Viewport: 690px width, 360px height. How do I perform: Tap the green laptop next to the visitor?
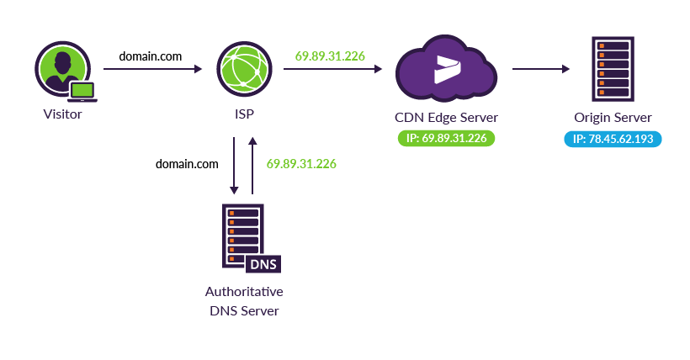83,90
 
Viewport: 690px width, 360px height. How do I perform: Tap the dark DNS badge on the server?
263,263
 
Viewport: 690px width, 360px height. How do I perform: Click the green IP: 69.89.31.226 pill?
446,138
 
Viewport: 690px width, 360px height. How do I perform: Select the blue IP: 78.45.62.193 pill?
613,138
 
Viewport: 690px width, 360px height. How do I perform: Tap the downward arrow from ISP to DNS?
233,164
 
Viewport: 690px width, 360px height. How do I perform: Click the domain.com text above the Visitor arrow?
151,56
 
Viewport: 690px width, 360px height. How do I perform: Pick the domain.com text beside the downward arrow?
187,164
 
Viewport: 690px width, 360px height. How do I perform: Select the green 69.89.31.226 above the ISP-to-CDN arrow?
330,56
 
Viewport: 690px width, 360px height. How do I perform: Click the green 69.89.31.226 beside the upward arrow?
301,164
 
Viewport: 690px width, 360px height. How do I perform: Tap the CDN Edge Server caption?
446,116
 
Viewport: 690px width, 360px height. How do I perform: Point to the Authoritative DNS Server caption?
244,301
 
